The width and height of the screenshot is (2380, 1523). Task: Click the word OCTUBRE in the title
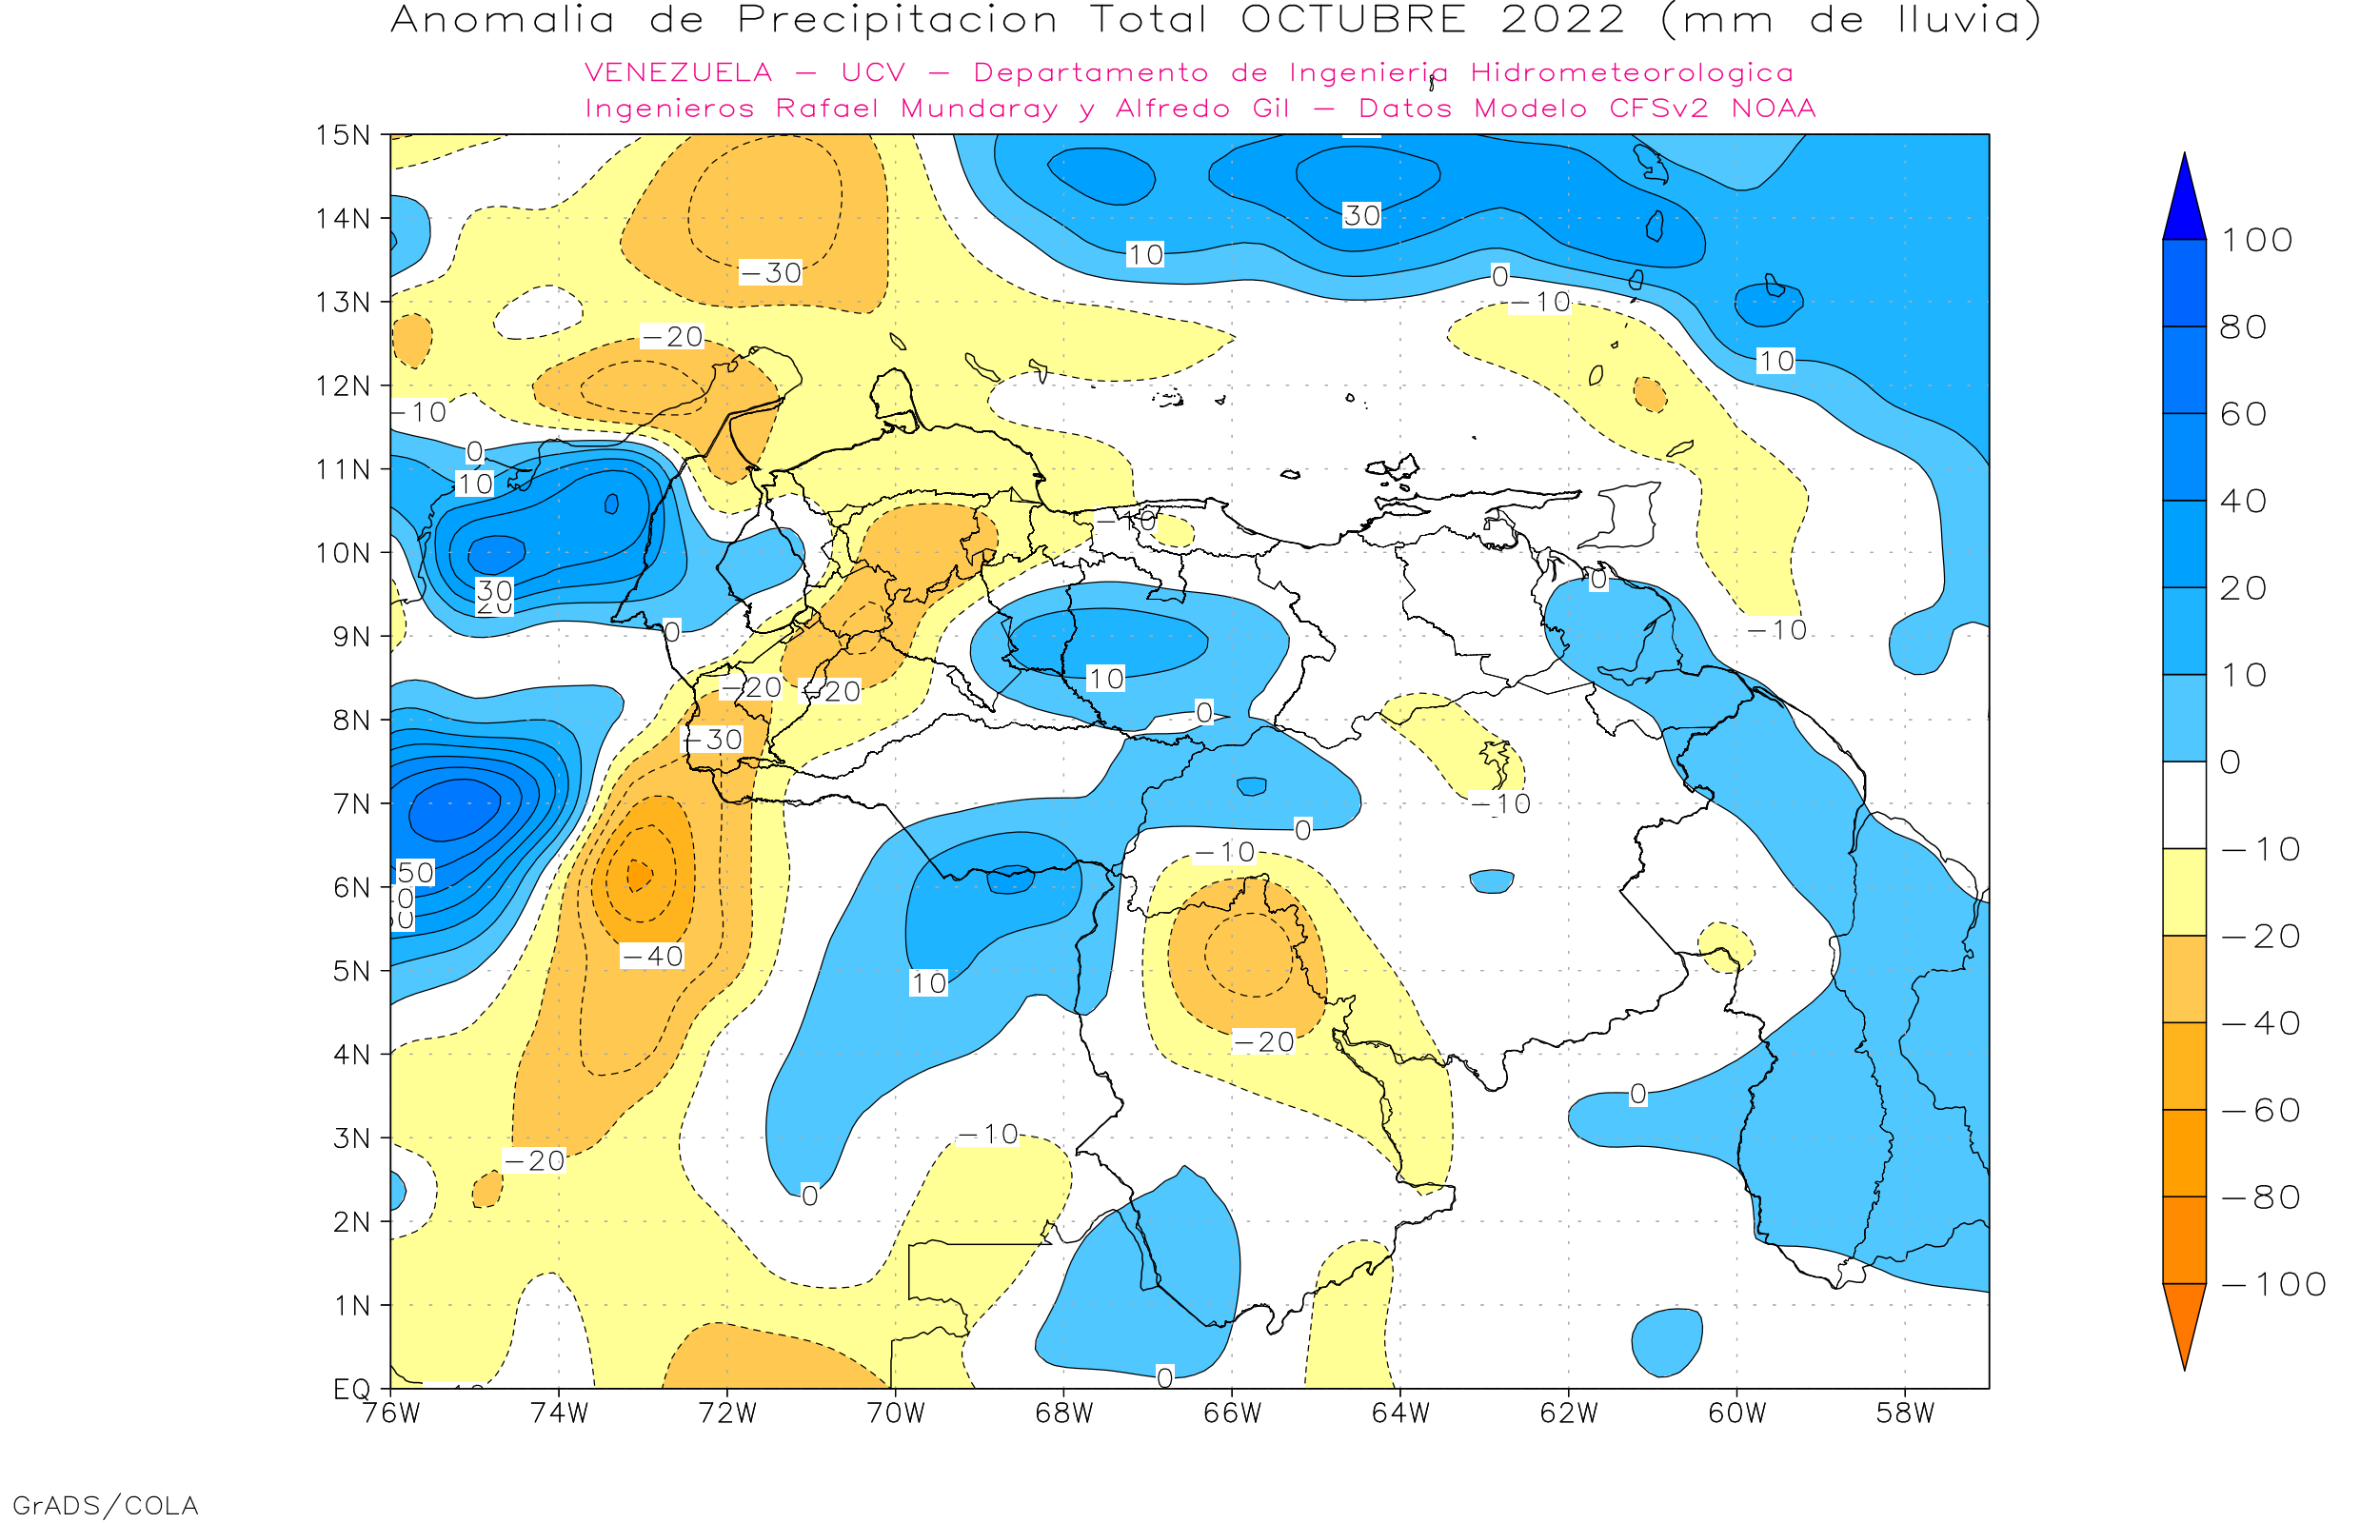[1353, 20]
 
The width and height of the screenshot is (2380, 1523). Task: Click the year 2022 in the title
[1562, 20]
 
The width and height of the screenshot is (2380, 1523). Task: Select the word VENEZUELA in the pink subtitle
[679, 72]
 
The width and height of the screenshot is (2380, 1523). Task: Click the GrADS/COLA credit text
[105, 1505]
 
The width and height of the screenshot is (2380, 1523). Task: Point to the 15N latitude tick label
[342, 134]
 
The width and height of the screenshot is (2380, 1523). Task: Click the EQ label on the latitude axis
[352, 1389]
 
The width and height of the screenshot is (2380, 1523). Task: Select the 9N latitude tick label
[351, 636]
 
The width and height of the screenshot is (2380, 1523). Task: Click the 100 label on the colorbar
[2256, 240]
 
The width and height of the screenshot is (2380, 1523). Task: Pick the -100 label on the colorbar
[2273, 1285]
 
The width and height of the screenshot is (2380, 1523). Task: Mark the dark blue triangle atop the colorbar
[2184, 203]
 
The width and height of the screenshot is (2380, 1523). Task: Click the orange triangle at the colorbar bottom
[2184, 1320]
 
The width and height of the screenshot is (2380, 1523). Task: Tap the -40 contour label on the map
[653, 957]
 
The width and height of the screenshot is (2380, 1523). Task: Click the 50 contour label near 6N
[415, 872]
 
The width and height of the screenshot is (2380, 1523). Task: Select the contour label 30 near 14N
[1361, 215]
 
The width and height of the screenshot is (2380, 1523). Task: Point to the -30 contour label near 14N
[771, 273]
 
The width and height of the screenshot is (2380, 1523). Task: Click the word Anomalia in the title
[503, 20]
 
